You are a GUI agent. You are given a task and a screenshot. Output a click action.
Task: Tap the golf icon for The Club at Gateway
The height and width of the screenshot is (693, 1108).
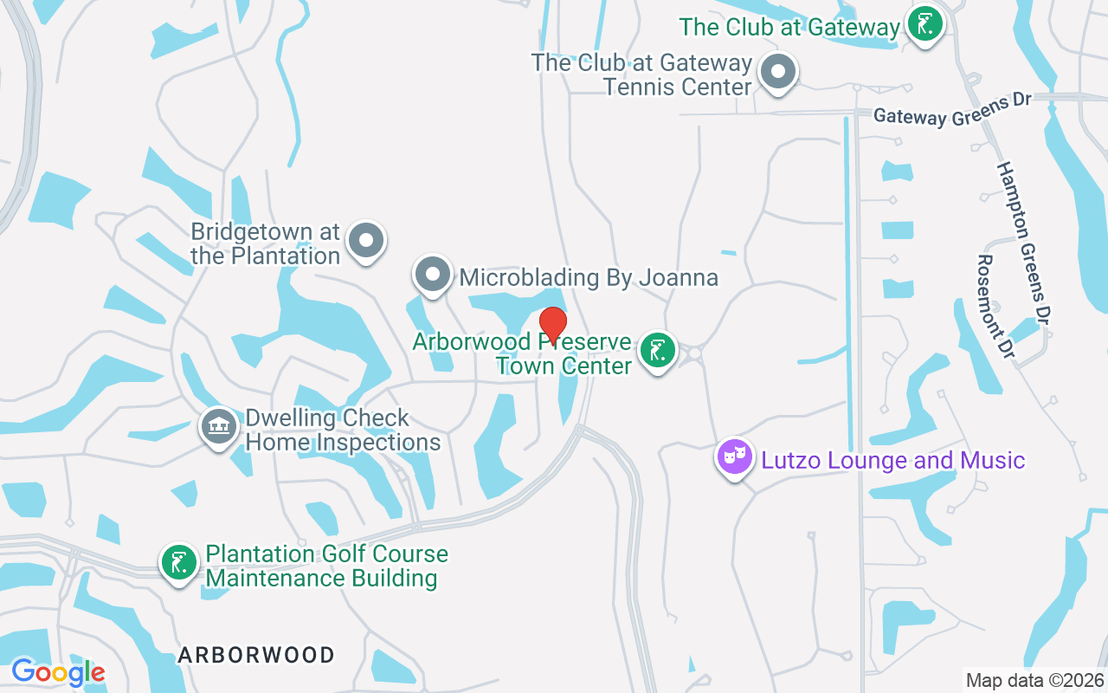(x=924, y=24)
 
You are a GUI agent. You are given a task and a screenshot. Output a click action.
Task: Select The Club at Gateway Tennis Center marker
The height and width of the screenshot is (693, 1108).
(x=777, y=70)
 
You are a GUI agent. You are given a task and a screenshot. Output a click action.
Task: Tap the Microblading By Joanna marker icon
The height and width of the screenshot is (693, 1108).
(x=433, y=275)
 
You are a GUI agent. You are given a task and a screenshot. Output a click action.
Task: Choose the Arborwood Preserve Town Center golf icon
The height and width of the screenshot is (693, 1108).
(x=658, y=351)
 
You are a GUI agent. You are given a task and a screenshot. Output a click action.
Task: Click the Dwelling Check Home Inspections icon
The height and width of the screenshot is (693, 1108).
(x=220, y=427)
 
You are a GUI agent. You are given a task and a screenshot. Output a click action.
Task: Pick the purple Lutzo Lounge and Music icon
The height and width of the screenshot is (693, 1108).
(x=735, y=457)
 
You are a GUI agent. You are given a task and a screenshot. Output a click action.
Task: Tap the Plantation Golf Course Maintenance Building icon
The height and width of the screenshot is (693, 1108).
(x=179, y=563)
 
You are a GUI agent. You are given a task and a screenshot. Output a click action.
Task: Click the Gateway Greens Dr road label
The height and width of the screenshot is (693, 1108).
(x=952, y=109)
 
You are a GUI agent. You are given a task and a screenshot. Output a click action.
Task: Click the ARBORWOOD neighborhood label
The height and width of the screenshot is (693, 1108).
(x=256, y=655)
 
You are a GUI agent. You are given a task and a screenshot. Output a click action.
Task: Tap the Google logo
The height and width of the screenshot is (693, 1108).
(x=58, y=671)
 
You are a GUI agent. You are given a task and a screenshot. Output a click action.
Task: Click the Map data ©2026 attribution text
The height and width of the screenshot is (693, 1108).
(x=1034, y=680)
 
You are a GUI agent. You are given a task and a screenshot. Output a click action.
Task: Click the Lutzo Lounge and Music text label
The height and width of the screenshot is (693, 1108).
(x=893, y=459)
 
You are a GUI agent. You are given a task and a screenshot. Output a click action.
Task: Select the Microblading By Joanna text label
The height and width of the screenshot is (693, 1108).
(x=589, y=277)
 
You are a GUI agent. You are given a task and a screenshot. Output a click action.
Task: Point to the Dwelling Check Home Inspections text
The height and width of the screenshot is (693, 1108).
(x=343, y=431)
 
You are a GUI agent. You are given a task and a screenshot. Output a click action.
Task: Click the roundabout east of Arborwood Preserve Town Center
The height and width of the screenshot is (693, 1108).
(x=693, y=353)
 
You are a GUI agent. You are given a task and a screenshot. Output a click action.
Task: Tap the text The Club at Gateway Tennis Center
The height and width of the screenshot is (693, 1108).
(x=641, y=74)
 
